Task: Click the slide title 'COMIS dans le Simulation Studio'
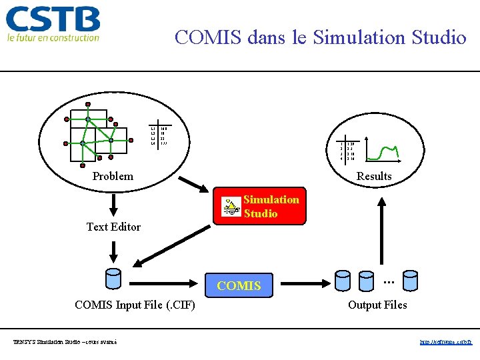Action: click(x=320, y=37)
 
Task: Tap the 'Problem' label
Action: click(x=113, y=177)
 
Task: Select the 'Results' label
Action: click(x=374, y=177)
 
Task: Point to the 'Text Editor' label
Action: click(x=113, y=227)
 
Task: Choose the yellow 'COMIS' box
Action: click(x=239, y=286)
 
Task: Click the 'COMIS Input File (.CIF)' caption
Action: click(x=135, y=305)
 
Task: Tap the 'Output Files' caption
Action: click(x=377, y=305)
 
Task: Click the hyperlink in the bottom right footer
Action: click(x=446, y=342)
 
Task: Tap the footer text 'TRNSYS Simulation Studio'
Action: click(x=65, y=342)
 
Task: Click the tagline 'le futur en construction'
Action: click(x=53, y=38)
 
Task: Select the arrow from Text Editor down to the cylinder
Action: click(x=114, y=251)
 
